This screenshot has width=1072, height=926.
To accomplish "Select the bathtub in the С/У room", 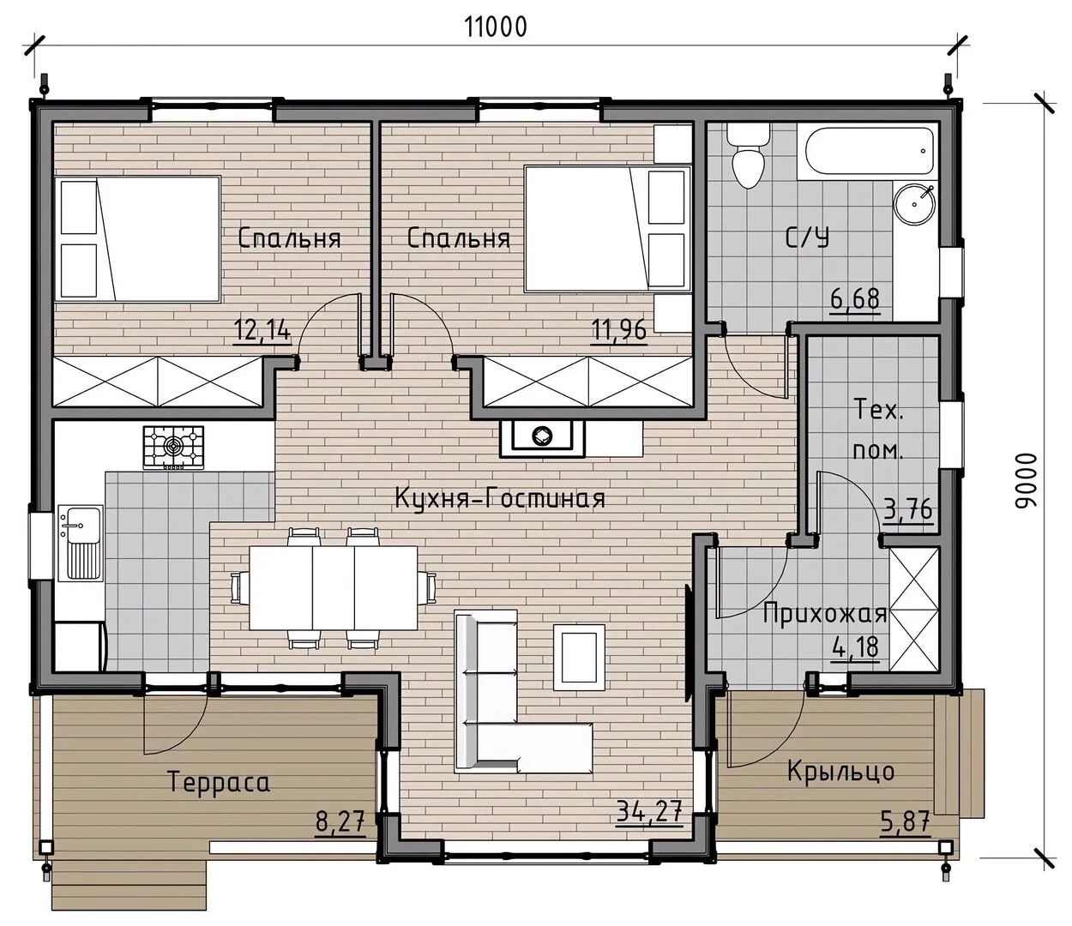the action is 868,152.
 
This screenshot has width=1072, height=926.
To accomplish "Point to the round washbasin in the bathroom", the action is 914,204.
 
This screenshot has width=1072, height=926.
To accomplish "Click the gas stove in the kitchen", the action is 173,448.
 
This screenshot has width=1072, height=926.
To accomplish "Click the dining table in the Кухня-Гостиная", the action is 334,587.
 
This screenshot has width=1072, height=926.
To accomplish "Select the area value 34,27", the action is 649,811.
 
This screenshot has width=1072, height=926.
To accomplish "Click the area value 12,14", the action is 262,330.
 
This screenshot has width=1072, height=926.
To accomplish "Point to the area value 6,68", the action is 855,300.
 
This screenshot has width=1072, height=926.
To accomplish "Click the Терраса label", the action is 219,782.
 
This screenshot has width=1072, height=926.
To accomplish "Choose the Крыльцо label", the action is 840,772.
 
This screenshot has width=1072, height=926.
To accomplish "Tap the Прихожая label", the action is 825,614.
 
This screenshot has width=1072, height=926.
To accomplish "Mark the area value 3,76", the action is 907,509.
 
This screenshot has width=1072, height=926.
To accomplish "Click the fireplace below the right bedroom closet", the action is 542,439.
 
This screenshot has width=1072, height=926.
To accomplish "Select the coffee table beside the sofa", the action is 579,658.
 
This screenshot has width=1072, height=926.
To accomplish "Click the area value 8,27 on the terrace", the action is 340,821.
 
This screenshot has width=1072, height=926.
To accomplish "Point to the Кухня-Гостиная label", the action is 500,499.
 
